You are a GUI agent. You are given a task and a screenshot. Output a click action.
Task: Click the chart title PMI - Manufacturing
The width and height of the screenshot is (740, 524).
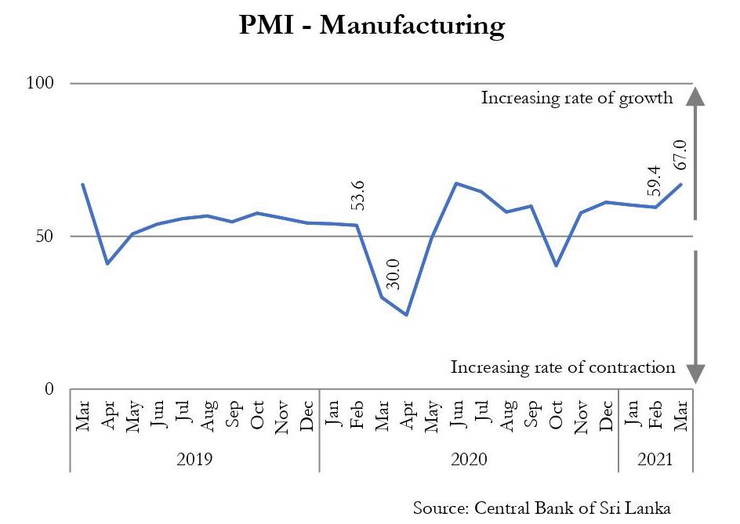[x=372, y=26]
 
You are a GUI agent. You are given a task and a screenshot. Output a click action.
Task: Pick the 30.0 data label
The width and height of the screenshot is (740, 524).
[x=394, y=274]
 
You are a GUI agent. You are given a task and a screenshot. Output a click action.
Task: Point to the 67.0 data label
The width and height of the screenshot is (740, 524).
[x=679, y=155]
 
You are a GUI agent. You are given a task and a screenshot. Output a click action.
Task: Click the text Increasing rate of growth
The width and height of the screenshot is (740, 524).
[x=577, y=98]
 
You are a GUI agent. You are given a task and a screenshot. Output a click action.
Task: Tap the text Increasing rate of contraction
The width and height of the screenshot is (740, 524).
[x=563, y=367]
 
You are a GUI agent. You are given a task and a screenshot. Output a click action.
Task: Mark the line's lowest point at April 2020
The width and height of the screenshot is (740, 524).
[x=407, y=315]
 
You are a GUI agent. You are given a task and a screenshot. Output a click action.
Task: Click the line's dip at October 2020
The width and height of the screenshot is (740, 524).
[x=556, y=266]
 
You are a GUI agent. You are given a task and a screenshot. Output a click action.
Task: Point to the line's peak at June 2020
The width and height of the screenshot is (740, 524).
[x=456, y=183]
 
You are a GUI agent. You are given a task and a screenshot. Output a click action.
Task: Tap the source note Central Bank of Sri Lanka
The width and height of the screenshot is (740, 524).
[x=542, y=507]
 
